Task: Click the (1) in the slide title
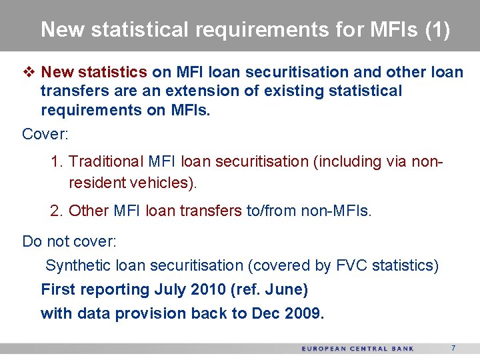click(437, 30)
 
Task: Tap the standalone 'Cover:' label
click(45, 134)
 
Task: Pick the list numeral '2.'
click(57, 211)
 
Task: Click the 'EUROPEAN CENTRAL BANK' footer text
click(357, 349)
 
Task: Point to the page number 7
click(453, 348)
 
